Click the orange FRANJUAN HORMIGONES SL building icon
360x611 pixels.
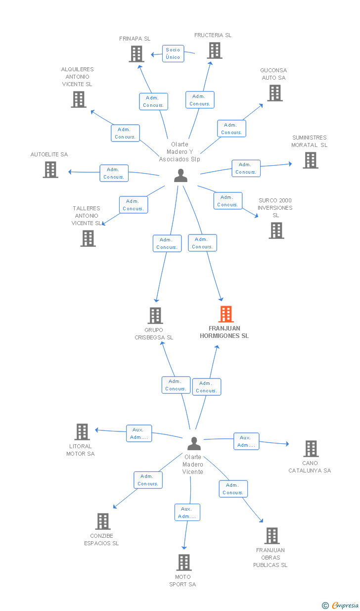(225, 314)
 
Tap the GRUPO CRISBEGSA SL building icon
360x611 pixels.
(155, 316)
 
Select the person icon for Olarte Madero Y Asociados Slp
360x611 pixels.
(181, 176)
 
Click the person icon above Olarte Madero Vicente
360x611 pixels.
(194, 444)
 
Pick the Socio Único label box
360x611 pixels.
(173, 53)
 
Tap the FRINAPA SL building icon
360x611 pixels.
(136, 53)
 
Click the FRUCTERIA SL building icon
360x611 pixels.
(214, 50)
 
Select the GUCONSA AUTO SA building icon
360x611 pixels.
(275, 93)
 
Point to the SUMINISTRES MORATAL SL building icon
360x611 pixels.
(310, 160)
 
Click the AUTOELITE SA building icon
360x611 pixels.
(50, 170)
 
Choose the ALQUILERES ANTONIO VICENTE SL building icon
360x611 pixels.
(79, 99)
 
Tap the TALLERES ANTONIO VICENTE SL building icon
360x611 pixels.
(88, 238)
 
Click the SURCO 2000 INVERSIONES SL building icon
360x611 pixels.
(276, 231)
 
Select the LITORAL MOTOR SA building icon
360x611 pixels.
(82, 432)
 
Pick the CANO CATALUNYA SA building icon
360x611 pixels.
(311, 449)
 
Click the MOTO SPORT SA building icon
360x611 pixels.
(184, 563)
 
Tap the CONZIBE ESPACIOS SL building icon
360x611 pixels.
(102, 521)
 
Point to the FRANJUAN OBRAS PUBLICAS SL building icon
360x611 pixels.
(271, 536)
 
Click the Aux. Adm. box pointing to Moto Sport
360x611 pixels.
(187, 513)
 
